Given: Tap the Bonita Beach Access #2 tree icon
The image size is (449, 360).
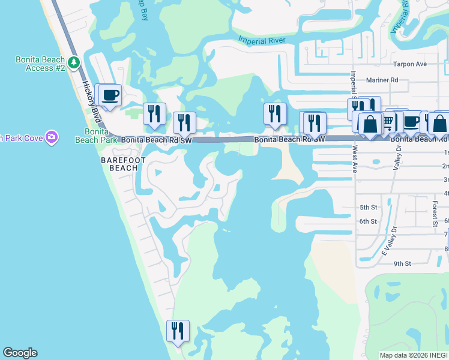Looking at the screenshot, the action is coord(74,62).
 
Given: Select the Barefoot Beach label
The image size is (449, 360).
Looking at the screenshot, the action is coord(119,164).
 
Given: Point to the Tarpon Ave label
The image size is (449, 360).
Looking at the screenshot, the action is coord(409,64).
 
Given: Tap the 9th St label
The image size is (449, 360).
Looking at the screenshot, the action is coord(402,263).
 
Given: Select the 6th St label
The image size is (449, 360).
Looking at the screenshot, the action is coord(367,221).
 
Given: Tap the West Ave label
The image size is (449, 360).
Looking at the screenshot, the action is coord(355,161).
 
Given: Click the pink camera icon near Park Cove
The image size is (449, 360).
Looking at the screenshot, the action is coord(52,137).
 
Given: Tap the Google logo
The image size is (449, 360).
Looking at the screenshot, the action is coord(20,353).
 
